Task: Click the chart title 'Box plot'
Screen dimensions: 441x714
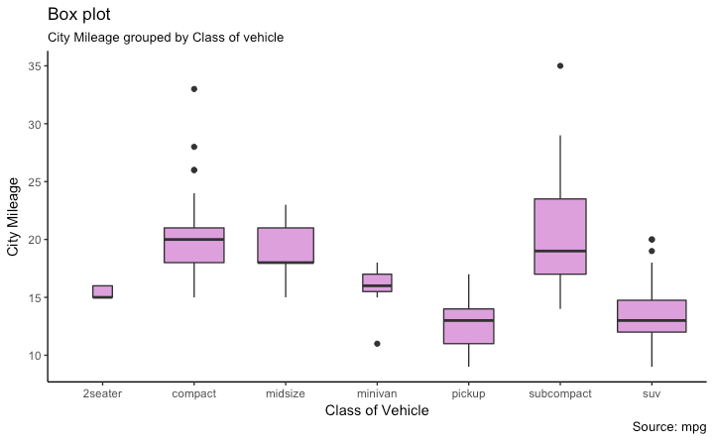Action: pyautogui.click(x=79, y=15)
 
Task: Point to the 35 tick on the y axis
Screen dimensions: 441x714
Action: pyautogui.click(x=33, y=66)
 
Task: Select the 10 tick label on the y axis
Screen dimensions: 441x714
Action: pyautogui.click(x=33, y=355)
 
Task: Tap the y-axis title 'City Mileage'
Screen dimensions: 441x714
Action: pyautogui.click(x=14, y=216)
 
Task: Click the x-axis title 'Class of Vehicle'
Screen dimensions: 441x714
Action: pyautogui.click(x=376, y=410)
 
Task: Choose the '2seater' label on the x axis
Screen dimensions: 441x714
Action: pyautogui.click(x=103, y=392)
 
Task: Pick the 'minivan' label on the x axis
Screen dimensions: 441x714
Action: pyautogui.click(x=377, y=392)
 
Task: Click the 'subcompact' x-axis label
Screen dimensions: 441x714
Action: pyautogui.click(x=560, y=392)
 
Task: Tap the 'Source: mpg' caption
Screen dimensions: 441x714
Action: pyautogui.click(x=667, y=426)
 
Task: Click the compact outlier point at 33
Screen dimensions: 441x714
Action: pyautogui.click(x=194, y=89)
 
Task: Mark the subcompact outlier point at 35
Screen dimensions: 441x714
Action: pyautogui.click(x=560, y=66)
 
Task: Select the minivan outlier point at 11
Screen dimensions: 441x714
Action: pyautogui.click(x=377, y=344)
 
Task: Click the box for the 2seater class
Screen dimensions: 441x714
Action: pyautogui.click(x=103, y=291)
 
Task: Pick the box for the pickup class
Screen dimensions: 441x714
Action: pyautogui.click(x=468, y=327)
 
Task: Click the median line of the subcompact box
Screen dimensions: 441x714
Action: pyautogui.click(x=560, y=251)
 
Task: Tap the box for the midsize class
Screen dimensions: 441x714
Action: pyautogui.click(x=286, y=246)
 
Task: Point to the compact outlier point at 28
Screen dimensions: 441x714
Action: pyautogui.click(x=194, y=147)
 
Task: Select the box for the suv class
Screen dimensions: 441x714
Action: pyautogui.click(x=652, y=315)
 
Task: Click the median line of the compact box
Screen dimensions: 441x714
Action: pyautogui.click(x=194, y=240)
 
